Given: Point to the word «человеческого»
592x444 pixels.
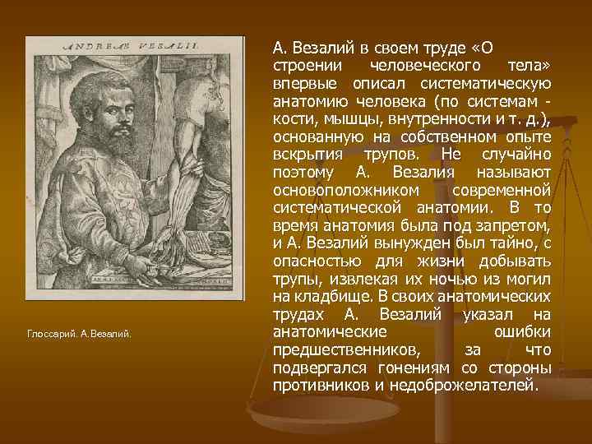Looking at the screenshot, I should pos(416,65).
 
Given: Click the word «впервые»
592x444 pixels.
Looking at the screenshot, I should pos(302,83).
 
